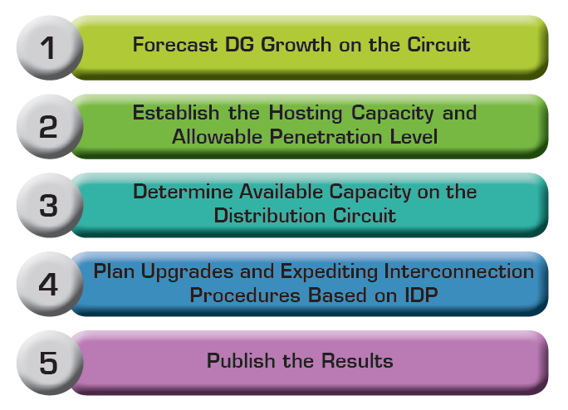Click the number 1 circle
tap(50, 47)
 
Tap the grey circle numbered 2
tap(50, 126)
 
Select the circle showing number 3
tap(50, 205)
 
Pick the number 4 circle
tap(50, 284)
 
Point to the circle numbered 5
tap(50, 363)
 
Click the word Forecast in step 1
tap(175, 45)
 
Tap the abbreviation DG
tap(239, 45)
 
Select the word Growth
tap(296, 45)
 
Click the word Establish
tap(176, 112)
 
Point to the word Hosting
tap(306, 114)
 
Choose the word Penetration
tap(326, 137)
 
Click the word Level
tap(414, 137)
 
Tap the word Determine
tap(183, 191)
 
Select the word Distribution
tap(270, 215)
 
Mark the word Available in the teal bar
tap(281, 191)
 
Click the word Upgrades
tap(187, 272)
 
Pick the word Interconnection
tap(459, 271)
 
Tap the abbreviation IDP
tap(421, 295)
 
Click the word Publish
tap(241, 360)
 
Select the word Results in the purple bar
tap(358, 360)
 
